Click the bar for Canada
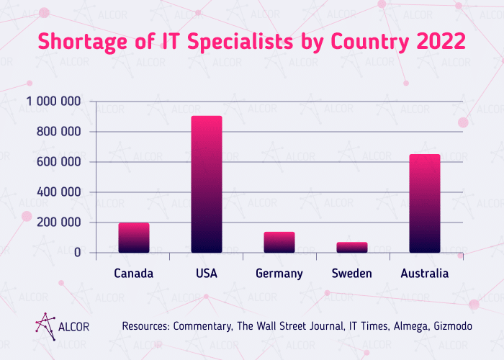click(134, 238)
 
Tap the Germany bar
click(279, 243)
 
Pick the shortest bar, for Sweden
click(352, 248)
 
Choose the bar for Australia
click(425, 204)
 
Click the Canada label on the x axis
click(134, 274)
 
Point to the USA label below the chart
click(207, 274)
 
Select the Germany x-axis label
click(279, 274)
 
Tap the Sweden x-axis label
click(352, 274)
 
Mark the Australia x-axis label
click(425, 274)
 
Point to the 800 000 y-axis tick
click(59, 132)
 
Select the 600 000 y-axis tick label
click(59, 162)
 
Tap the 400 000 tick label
click(59, 192)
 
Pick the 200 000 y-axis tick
click(59, 222)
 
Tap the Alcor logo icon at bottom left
click(45, 325)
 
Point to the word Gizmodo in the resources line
click(452, 326)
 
